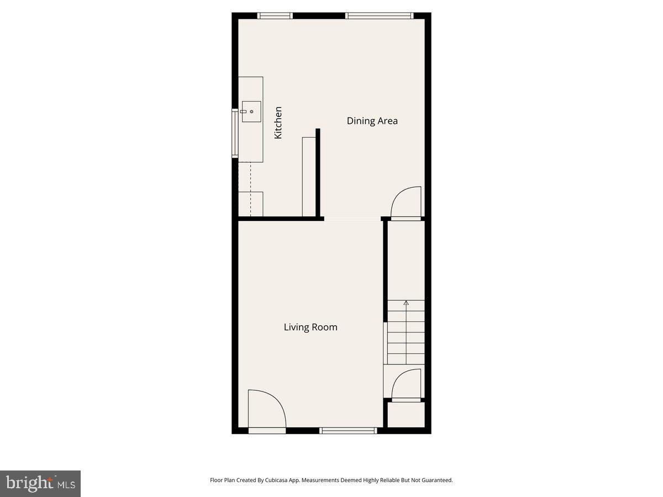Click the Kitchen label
pos(278,123)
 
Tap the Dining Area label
pos(372,121)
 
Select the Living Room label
pos(311,327)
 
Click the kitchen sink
pos(251,112)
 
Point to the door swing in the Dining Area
pos(406,202)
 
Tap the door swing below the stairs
pos(406,384)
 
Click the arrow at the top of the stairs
pos(406,303)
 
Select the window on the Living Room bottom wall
pos(348,430)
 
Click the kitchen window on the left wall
pos(235,134)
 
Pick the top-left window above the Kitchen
pos(275,16)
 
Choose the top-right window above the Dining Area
pos(379,16)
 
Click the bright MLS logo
pos(40,483)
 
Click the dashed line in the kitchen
pos(250,188)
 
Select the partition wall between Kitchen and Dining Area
pos(318,172)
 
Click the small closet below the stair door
pos(406,414)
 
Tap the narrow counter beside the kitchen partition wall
pos(308,177)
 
